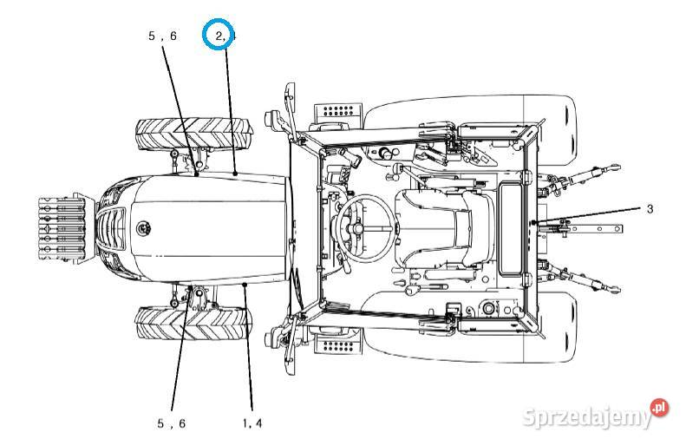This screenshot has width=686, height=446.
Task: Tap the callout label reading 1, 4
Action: pyautogui.click(x=252, y=423)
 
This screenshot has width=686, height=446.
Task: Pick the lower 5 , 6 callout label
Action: pyautogui.click(x=171, y=423)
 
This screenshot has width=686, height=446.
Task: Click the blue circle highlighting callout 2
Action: pyautogui.click(x=219, y=36)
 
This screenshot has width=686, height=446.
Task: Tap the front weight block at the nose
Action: pyautogui.click(x=62, y=227)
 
